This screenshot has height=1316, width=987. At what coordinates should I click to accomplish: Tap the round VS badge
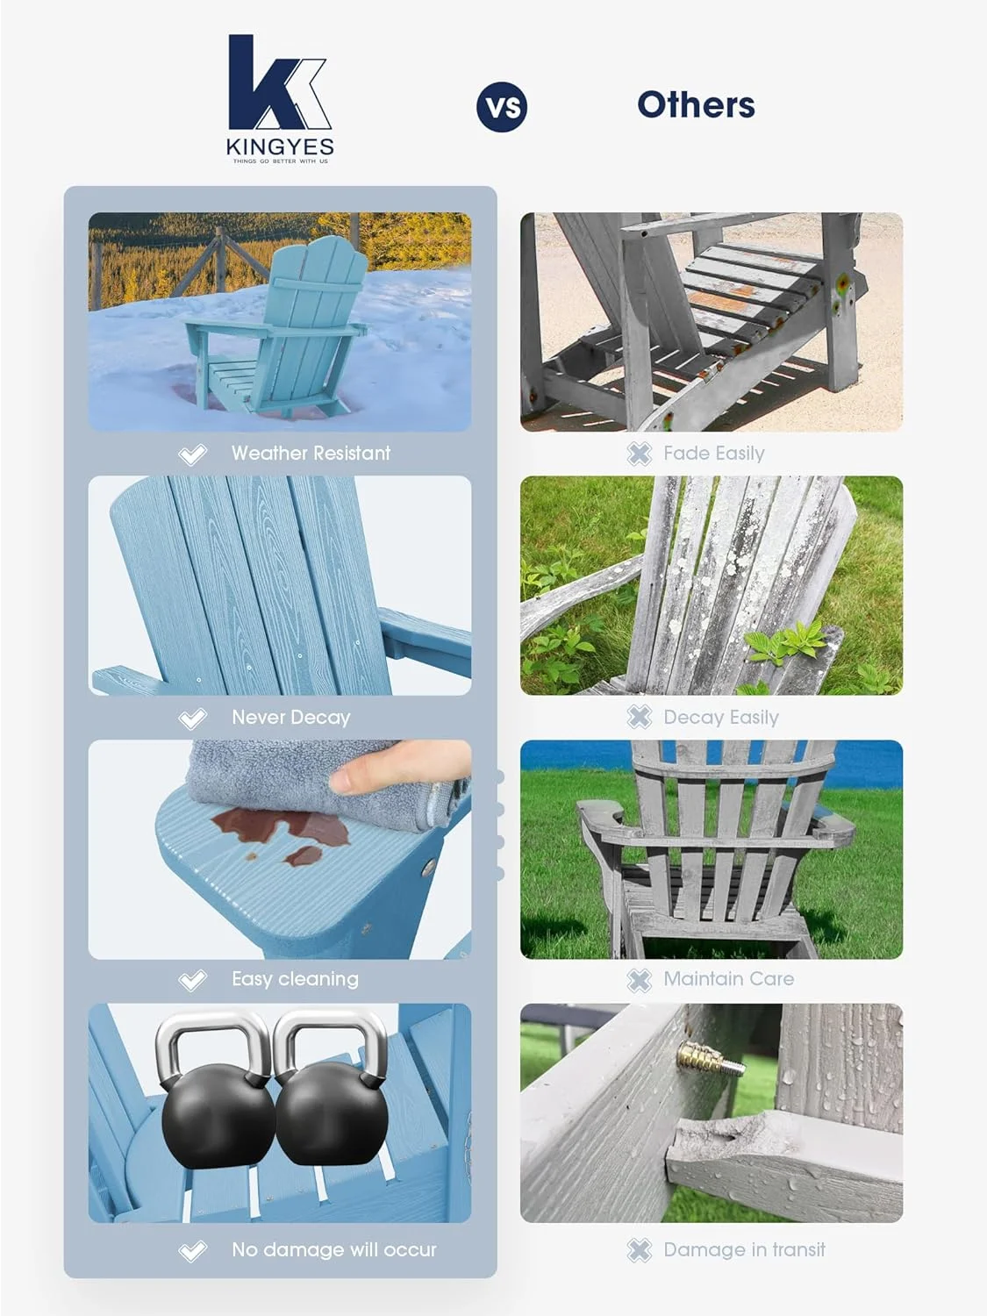(502, 107)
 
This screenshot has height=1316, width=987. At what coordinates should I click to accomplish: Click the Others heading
(696, 105)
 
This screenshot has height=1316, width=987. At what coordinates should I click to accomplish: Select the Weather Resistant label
(311, 454)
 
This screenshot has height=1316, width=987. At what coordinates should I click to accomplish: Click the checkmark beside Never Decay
(192, 719)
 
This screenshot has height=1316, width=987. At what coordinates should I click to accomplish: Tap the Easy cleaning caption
(295, 979)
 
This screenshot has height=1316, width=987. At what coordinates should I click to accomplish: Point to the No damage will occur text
(333, 1249)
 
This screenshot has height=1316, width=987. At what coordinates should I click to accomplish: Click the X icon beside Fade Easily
(640, 454)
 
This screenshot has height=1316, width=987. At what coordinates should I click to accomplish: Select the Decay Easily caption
(720, 718)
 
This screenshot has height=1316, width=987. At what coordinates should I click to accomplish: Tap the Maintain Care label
(728, 979)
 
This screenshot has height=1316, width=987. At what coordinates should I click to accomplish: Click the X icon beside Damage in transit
(640, 1250)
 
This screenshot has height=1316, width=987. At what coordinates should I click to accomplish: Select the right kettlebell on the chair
(331, 1097)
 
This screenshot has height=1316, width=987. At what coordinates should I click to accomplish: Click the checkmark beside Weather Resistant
(192, 454)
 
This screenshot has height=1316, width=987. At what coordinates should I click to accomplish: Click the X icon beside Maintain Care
(640, 980)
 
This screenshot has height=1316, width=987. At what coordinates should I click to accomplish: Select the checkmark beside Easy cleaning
(192, 980)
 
